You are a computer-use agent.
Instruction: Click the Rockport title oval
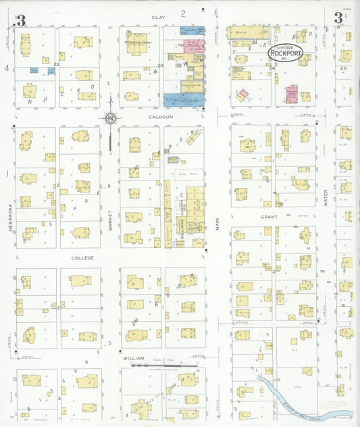tap(286, 53)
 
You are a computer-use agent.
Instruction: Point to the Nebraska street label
tap(11, 218)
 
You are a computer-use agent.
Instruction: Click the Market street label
tap(110, 220)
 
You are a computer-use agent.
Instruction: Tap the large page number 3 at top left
tap(21, 20)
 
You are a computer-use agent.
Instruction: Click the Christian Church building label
tap(136, 41)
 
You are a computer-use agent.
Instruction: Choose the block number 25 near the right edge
tap(343, 68)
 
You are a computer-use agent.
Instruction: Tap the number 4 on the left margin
tap(6, 68)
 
